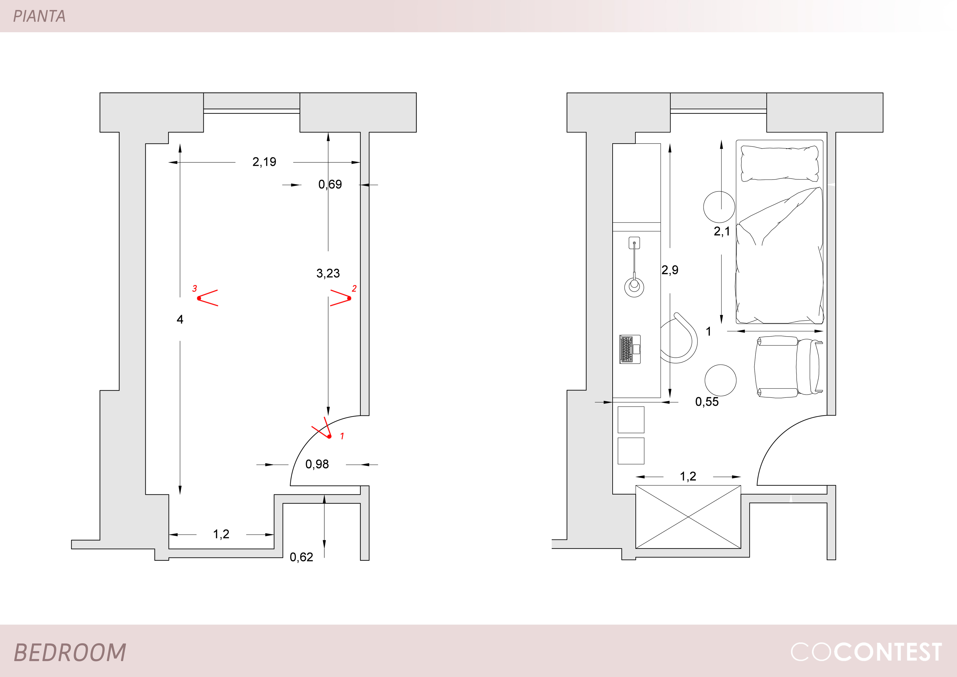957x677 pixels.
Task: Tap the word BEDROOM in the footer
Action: click(x=70, y=652)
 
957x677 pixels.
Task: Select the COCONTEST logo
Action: click(x=866, y=652)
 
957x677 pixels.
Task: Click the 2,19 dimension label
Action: click(x=264, y=162)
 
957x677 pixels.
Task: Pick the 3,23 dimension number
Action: click(x=328, y=273)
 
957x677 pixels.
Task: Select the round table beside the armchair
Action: click(x=720, y=380)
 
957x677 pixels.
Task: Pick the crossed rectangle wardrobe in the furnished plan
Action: click(x=688, y=517)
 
